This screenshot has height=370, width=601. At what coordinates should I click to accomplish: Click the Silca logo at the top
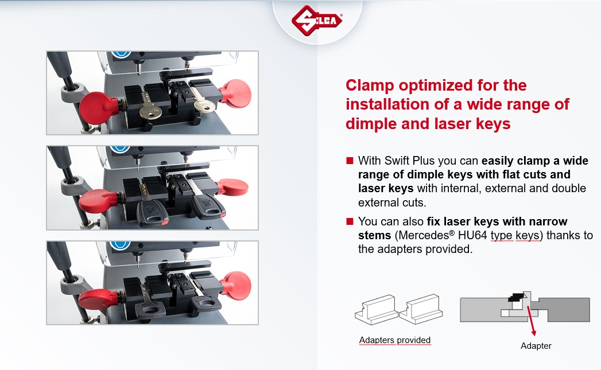pyautogui.click(x=317, y=20)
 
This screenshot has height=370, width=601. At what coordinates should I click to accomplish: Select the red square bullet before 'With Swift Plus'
pyautogui.click(x=350, y=161)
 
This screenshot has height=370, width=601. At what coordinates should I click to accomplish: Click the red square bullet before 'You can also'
pyautogui.click(x=350, y=221)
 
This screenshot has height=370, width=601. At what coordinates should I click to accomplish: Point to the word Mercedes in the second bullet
pyautogui.click(x=424, y=235)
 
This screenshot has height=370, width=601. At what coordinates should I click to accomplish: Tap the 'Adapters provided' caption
pyautogui.click(x=395, y=340)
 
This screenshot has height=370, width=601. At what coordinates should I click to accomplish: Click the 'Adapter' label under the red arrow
pyautogui.click(x=536, y=346)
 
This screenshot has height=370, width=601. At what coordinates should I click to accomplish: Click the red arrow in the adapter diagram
pyautogui.click(x=531, y=321)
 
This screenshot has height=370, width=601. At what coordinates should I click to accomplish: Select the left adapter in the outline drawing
pyautogui.click(x=377, y=310)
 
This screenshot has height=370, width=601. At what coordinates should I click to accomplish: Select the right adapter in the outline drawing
pyautogui.click(x=421, y=309)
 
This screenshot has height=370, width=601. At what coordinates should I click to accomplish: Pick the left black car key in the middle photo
pyautogui.click(x=150, y=211)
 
